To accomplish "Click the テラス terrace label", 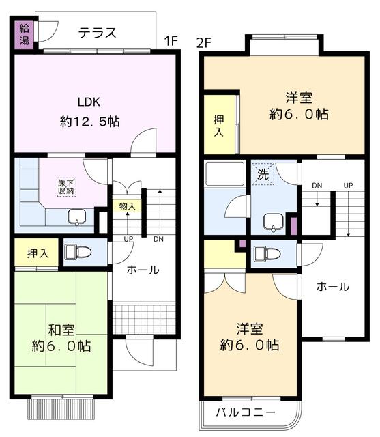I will click(x=96, y=32).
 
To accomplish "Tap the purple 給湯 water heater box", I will click(x=25, y=34).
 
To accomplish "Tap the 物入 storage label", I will click(x=128, y=206).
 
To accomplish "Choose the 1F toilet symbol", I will click(x=77, y=252).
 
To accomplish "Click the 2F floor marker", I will click(x=204, y=42).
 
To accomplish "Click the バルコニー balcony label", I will click(x=246, y=412).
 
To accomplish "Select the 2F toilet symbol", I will click(x=266, y=253).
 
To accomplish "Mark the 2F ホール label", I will click(x=332, y=287).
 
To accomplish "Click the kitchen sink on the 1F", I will click(x=76, y=217).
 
